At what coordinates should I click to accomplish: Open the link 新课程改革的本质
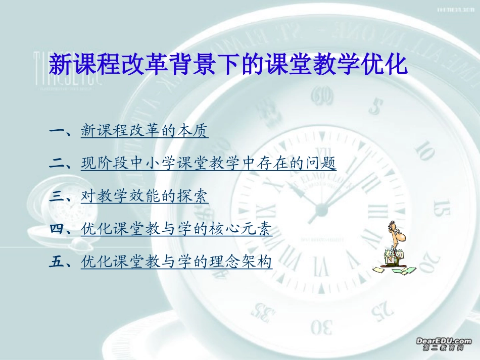pos(145,131)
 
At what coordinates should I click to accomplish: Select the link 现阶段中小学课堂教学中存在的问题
pos(208,164)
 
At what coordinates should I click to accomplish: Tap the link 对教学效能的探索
pos(145,196)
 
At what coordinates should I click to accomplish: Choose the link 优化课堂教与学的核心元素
pos(176,229)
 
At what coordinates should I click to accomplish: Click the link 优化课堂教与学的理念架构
pos(176,262)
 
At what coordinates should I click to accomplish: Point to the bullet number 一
pos(60,132)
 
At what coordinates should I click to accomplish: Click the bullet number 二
pos(60,164)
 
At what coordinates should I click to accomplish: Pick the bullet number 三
pos(60,197)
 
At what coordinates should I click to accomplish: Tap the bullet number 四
pos(60,230)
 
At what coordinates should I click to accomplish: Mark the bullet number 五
pos(60,263)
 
